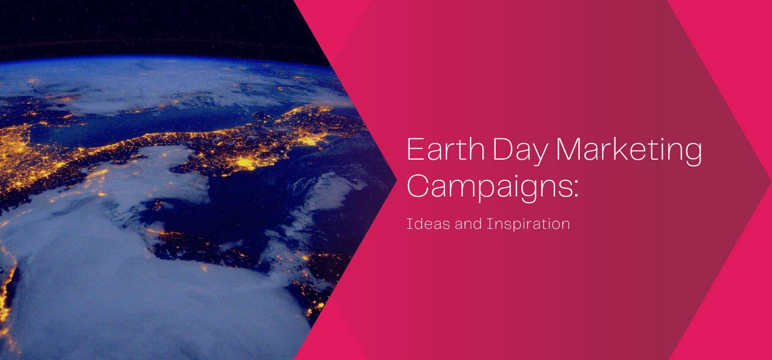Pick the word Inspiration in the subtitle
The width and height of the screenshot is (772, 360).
pos(528,225)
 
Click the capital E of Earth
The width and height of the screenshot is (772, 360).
pos(414,150)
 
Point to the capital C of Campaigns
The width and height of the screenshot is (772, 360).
pos(418,186)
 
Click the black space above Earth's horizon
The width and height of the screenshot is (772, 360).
pos(140,22)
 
